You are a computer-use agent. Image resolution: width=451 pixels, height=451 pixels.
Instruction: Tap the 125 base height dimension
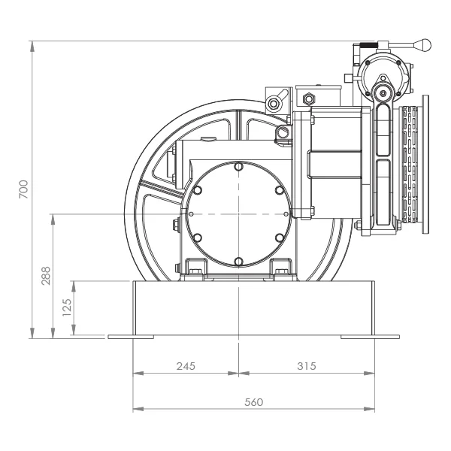[x=66, y=307]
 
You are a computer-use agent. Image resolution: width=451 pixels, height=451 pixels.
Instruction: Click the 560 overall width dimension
[x=254, y=402]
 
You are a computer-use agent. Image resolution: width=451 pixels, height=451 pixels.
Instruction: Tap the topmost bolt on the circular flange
[x=238, y=166]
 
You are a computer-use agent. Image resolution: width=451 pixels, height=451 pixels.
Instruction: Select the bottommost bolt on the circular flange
[x=238, y=261]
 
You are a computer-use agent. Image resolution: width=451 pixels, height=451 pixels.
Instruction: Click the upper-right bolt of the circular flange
[x=279, y=190]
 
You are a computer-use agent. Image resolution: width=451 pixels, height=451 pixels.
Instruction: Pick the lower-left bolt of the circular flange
[x=197, y=237]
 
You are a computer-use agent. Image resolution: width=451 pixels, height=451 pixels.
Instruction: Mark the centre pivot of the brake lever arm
[x=383, y=93]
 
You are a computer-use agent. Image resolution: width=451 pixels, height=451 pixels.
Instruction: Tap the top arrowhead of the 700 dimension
[x=33, y=42]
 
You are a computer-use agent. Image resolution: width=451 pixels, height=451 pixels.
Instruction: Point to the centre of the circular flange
[x=238, y=213]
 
